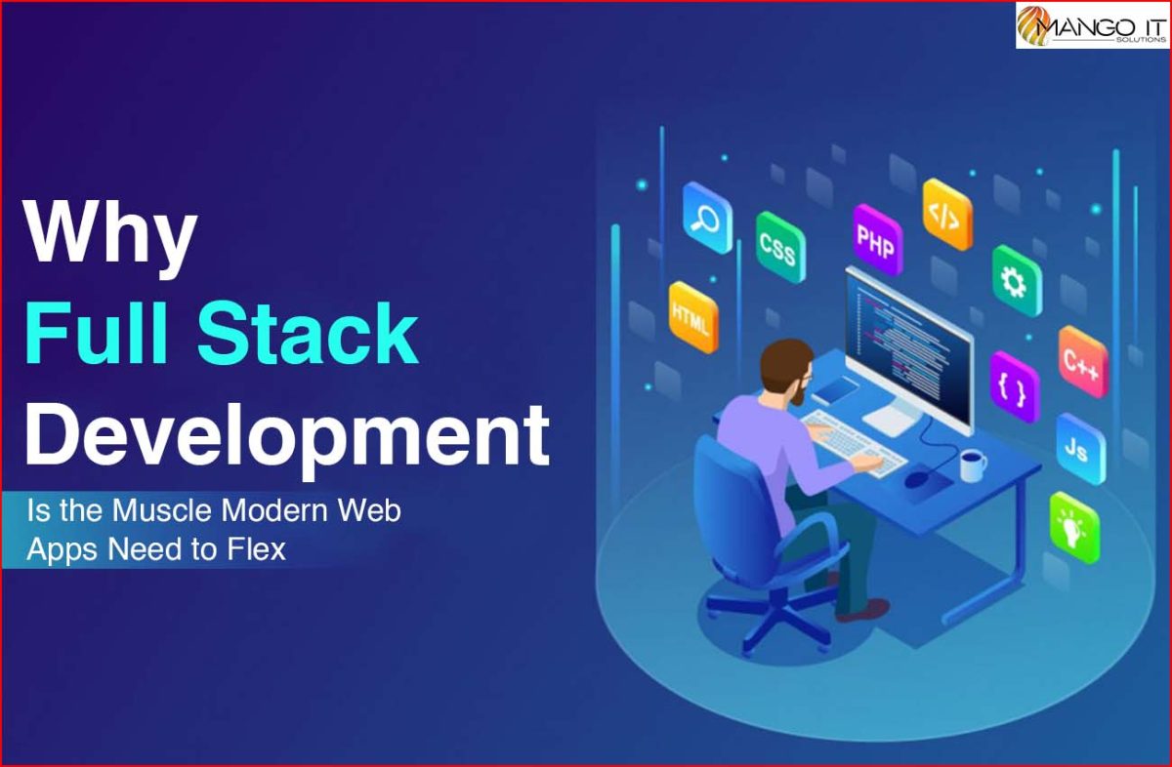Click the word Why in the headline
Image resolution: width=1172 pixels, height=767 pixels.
(x=110, y=237)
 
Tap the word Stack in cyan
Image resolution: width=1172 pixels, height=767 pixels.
(x=308, y=332)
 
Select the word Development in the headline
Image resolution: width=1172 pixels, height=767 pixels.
(x=287, y=436)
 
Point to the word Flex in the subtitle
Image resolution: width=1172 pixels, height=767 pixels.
(x=256, y=549)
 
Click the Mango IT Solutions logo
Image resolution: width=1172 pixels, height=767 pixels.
(x=1093, y=24)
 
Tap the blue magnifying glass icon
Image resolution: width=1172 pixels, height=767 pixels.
(x=707, y=218)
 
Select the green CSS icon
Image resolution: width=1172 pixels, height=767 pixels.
(x=780, y=247)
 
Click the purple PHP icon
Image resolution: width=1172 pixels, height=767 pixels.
(x=877, y=240)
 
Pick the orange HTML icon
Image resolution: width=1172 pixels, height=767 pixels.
(x=693, y=317)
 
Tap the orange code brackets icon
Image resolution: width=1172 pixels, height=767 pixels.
(x=947, y=215)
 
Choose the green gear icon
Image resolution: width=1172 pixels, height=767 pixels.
(x=1017, y=281)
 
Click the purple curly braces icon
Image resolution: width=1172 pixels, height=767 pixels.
(x=1015, y=387)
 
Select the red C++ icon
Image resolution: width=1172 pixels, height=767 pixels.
(x=1083, y=362)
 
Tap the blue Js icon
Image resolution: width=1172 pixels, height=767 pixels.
(x=1080, y=449)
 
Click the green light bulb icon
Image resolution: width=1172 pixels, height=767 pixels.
(x=1074, y=528)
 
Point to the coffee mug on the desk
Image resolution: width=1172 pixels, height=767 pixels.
(x=973, y=464)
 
